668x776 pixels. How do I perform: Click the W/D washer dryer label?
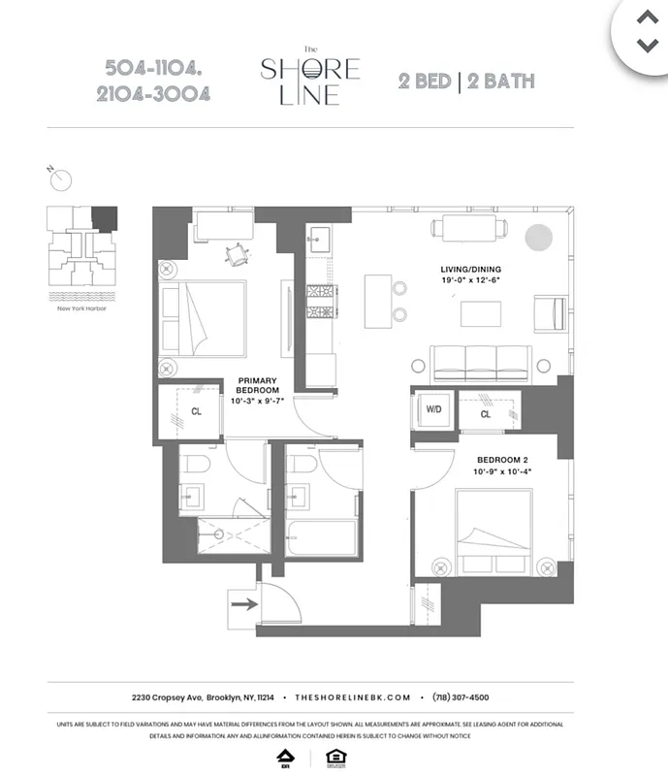(x=432, y=409)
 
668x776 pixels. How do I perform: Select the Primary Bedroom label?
(x=257, y=386)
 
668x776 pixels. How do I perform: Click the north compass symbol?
(x=62, y=178)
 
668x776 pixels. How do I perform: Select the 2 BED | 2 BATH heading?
(x=466, y=81)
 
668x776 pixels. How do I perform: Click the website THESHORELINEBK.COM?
(x=353, y=696)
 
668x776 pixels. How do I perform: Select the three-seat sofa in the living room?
(x=482, y=363)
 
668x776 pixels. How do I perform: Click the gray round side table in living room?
(x=537, y=237)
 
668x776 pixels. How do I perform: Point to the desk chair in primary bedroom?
(x=236, y=253)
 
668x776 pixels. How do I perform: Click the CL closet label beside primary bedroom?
(x=196, y=411)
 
